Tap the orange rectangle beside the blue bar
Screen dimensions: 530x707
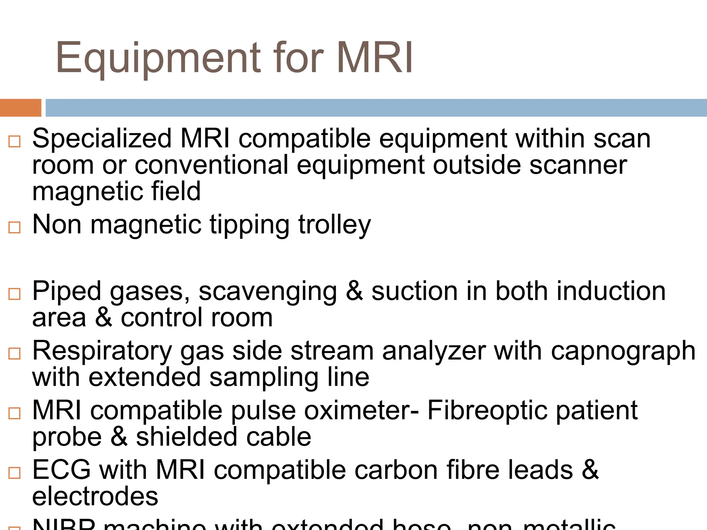tap(20, 108)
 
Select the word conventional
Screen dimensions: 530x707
tap(211, 165)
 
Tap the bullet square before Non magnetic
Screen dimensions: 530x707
tap(14, 227)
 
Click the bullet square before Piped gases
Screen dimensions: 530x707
tap(14, 294)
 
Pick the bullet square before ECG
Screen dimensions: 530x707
tap(14, 473)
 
